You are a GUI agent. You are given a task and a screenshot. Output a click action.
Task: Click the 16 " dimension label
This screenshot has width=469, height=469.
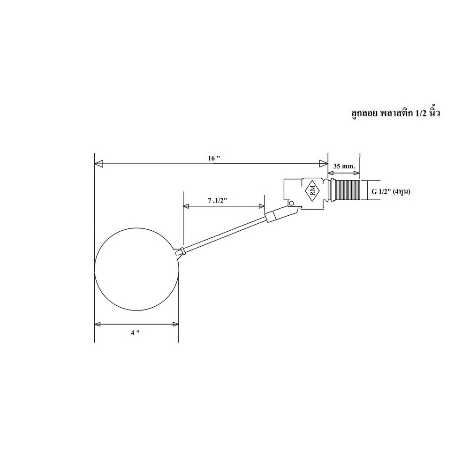tap(214, 158)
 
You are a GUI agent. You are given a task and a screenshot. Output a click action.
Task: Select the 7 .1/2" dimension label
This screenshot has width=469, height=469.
tap(218, 200)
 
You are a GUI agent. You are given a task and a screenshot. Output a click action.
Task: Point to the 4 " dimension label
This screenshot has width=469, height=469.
tap(135, 333)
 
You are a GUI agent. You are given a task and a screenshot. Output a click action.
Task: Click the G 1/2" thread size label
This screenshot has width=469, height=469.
tap(391, 191)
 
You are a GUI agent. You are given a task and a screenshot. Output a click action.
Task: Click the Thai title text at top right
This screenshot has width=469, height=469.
tap(395, 113)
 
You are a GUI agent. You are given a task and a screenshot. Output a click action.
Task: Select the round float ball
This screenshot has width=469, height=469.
tap(136, 269)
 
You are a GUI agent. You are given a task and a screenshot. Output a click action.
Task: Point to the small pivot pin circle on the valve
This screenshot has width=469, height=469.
tap(291, 203)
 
